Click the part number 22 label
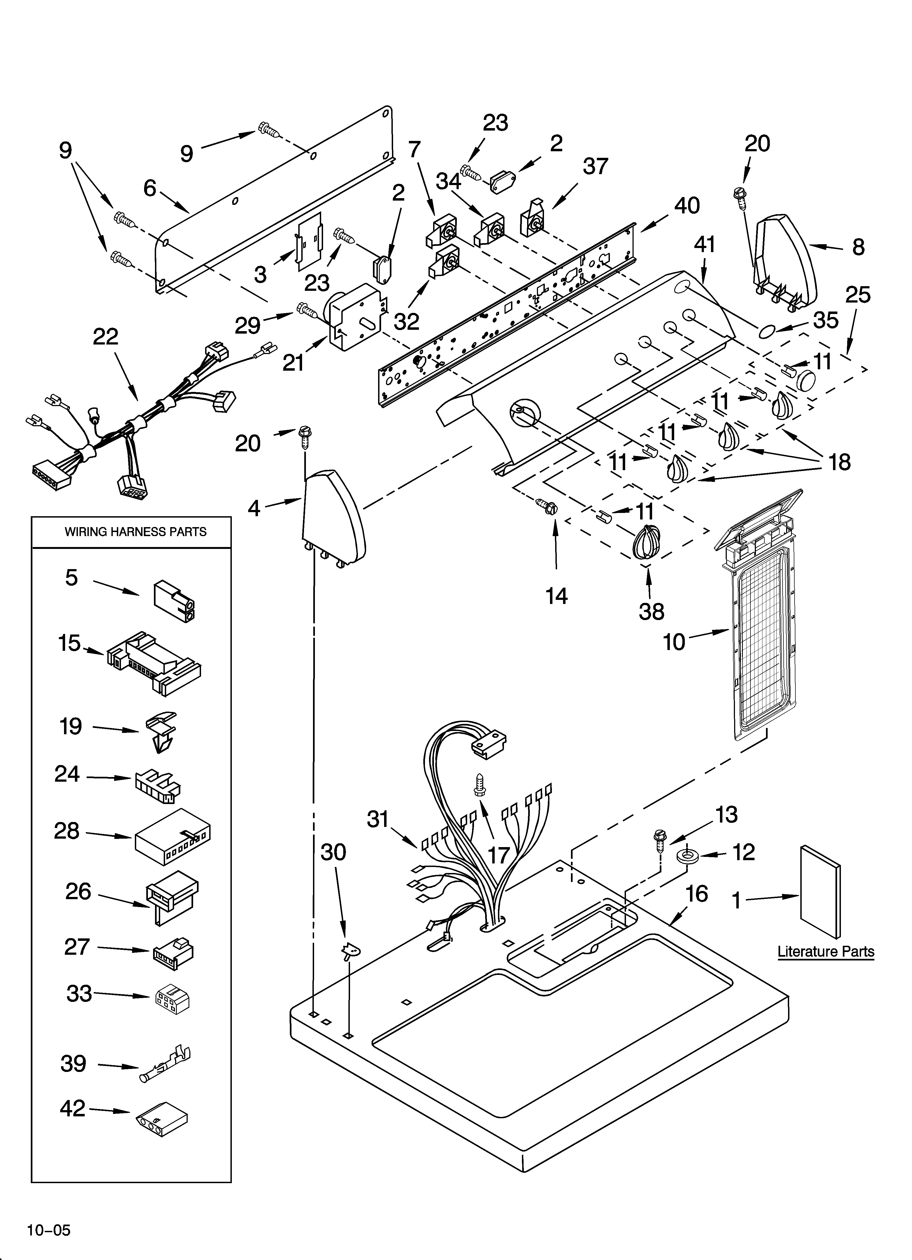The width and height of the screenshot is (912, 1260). [105, 337]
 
